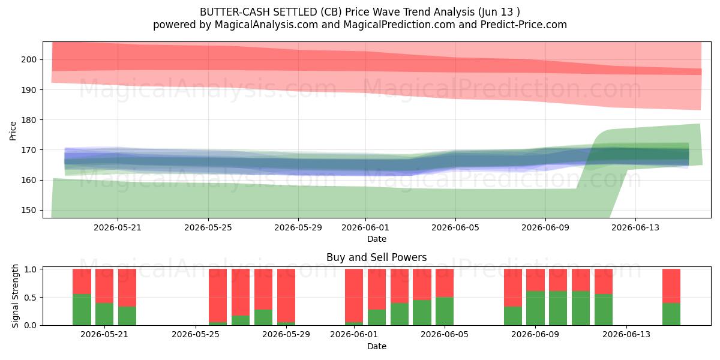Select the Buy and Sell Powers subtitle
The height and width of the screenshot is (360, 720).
coord(376,257)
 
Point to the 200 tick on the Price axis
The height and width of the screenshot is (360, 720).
coord(29,59)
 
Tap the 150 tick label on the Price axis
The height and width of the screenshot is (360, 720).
coord(29,210)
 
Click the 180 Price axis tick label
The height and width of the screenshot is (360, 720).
coord(29,120)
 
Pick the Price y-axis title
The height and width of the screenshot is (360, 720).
coord(13,131)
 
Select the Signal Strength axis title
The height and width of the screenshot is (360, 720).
coord(15,296)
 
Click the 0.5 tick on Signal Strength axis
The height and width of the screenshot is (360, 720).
coord(30,298)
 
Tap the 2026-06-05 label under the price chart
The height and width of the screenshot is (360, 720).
coord(455,227)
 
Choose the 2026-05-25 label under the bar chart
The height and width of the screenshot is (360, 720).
coord(196,334)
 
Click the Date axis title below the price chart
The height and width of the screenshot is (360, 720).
coord(377,239)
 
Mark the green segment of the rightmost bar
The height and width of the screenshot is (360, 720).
coord(671,314)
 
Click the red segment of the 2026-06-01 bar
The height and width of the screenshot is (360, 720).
coord(354,295)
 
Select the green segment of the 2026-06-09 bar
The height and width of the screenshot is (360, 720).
coord(535,308)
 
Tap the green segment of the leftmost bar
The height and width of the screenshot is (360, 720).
coord(82,310)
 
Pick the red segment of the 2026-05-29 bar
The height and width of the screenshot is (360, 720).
coord(286,295)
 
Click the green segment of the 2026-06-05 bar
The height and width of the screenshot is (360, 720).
coord(445,311)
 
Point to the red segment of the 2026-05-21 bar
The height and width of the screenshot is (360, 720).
coord(104,286)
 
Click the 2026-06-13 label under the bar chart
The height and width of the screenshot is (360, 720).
coord(626,334)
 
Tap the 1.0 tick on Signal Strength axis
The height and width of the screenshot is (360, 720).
coord(30,269)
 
